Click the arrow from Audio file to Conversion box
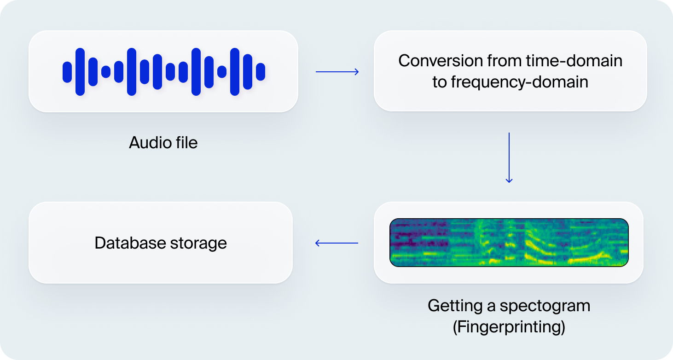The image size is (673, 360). click(337, 72)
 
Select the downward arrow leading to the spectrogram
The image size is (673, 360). click(509, 158)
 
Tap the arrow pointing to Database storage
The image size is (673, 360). click(336, 243)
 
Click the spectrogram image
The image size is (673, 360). click(509, 243)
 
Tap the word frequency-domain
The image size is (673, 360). click(519, 82)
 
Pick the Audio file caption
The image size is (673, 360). click(163, 143)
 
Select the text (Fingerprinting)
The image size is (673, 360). click(509, 327)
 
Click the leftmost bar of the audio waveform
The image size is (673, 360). click(67, 72)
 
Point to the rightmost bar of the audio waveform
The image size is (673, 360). click(261, 72)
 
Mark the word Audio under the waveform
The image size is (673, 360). click(146, 143)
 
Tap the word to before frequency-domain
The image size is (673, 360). click(439, 82)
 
